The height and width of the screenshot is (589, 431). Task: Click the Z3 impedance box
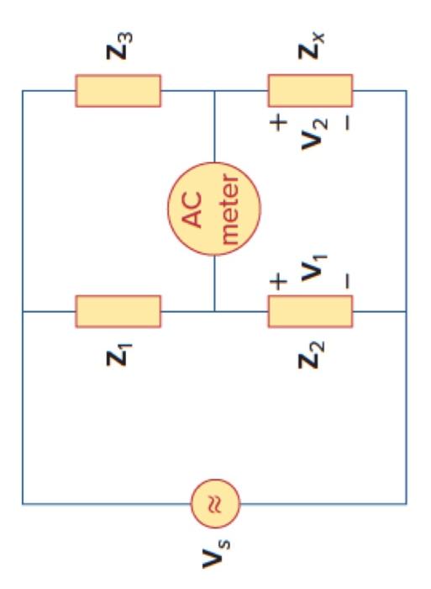pyautogui.click(x=118, y=90)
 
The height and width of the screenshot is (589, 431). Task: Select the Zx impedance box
pyautogui.click(x=310, y=90)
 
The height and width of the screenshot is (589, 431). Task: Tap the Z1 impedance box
pyautogui.click(x=118, y=310)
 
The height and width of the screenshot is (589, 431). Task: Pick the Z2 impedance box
pyautogui.click(x=310, y=310)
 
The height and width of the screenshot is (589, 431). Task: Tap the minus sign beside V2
pyautogui.click(x=347, y=124)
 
